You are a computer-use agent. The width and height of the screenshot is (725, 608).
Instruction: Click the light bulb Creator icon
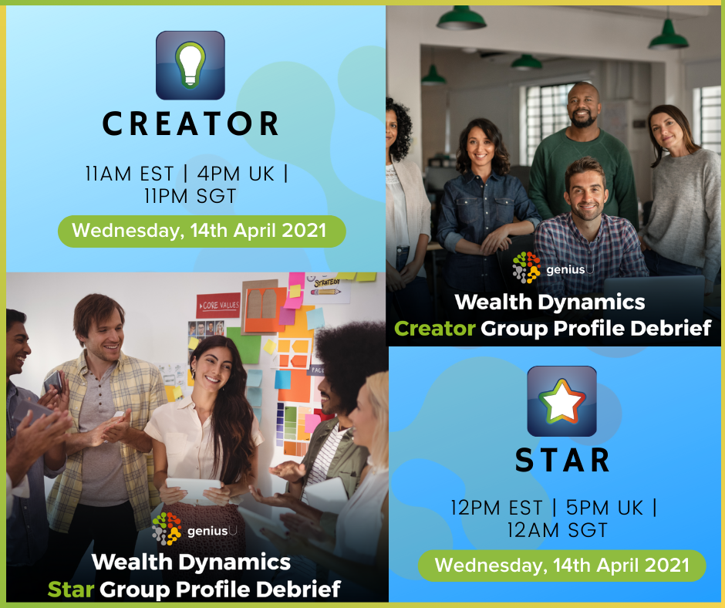(x=190, y=66)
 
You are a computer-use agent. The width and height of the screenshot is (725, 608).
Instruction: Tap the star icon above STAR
(x=561, y=401)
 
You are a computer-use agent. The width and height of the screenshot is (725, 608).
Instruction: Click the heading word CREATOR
(x=190, y=123)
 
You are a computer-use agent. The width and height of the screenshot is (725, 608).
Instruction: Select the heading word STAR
(x=562, y=461)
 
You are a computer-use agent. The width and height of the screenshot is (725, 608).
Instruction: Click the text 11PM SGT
(x=190, y=196)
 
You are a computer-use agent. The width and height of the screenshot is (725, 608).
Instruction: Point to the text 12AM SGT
(x=557, y=530)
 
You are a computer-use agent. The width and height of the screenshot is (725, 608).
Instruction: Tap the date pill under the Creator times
(x=201, y=231)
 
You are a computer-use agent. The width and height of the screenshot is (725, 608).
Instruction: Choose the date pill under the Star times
(x=561, y=566)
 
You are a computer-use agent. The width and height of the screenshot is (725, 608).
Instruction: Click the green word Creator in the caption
(x=435, y=329)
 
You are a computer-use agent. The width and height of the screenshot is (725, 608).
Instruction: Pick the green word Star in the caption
(x=71, y=589)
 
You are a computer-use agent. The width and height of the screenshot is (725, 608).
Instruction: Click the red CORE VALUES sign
(x=218, y=305)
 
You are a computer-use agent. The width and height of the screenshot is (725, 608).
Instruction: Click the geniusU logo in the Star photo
(x=194, y=529)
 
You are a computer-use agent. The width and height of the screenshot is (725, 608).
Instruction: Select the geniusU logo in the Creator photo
(x=553, y=268)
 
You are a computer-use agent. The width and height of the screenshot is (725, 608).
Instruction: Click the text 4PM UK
(x=236, y=174)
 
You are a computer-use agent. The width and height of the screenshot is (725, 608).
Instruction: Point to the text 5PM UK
(x=605, y=508)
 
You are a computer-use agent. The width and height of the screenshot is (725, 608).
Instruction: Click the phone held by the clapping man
(x=53, y=382)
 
